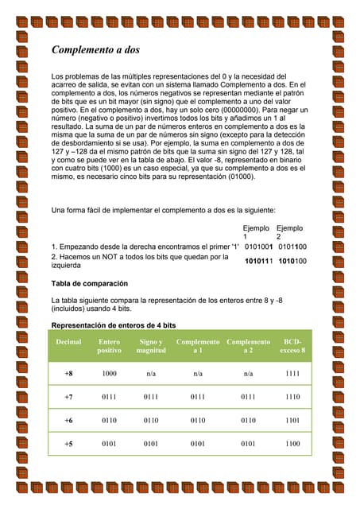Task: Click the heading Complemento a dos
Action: coord(95,50)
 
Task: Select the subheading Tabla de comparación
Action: coord(89,283)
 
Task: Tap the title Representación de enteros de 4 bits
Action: coord(113,326)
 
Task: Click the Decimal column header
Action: coord(68,342)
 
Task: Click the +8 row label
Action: coord(68,373)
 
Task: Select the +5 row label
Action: coord(68,444)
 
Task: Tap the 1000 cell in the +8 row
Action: coord(109,373)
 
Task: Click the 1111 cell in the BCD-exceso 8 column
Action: coord(292,373)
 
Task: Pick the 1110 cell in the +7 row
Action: coord(292,397)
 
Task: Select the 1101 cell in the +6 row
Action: coord(292,420)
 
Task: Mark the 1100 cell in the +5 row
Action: coord(292,444)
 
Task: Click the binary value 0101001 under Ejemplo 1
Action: coord(259,247)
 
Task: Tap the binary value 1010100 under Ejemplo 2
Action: coord(292,260)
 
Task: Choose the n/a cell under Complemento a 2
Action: coord(248,373)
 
